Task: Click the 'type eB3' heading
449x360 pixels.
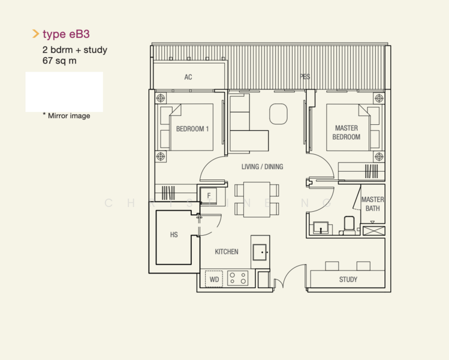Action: coord(66,34)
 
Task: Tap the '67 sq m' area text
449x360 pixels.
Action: coord(59,61)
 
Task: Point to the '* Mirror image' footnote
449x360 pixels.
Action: coord(66,116)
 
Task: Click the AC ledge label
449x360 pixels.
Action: coord(188,77)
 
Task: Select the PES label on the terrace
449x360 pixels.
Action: coord(305,77)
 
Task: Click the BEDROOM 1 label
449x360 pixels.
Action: coord(192,129)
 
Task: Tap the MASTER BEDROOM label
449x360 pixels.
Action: coord(346,133)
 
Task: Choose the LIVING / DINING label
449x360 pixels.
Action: coord(262,167)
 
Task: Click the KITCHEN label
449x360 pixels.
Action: coord(227,252)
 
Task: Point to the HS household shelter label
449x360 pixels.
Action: coord(174,235)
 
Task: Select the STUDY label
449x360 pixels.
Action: coord(348,280)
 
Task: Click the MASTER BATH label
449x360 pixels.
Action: coord(372,204)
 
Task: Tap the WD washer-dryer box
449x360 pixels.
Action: coord(214,279)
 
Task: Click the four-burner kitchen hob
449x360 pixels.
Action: coord(237,279)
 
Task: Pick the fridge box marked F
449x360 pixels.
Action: coord(209,196)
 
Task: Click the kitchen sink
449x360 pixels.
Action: coord(260,252)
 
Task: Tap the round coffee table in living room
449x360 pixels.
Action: coord(278,114)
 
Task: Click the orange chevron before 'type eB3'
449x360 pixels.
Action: coord(35,34)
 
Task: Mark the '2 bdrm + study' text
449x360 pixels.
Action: coord(75,50)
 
